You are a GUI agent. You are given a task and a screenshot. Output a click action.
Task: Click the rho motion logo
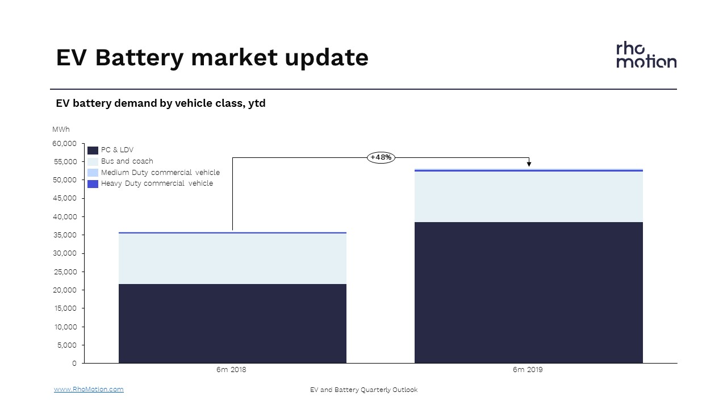point(646,55)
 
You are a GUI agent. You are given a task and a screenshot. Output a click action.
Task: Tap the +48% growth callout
point(381,157)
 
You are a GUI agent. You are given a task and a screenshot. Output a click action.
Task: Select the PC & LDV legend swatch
point(93,151)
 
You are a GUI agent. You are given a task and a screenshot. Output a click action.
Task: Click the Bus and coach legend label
point(127,161)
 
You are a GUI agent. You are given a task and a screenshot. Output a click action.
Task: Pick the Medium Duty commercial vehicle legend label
point(160,172)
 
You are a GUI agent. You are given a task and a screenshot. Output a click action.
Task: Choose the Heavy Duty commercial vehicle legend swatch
point(93,184)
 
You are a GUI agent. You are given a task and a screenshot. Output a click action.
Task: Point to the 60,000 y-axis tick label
point(64,144)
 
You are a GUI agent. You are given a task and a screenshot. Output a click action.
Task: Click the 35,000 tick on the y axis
point(65,235)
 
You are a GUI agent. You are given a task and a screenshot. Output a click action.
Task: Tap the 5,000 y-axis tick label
point(67,345)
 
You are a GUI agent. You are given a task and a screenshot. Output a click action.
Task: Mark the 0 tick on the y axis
point(74,363)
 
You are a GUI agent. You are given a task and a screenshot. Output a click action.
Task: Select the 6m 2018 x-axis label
point(231,370)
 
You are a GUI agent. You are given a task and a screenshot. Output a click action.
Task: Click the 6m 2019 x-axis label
point(528,370)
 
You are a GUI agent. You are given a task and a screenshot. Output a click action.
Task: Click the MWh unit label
point(61,130)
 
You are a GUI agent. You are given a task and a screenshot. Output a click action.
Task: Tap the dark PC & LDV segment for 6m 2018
point(232,324)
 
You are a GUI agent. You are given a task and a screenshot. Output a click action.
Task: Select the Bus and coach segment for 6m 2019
point(529,197)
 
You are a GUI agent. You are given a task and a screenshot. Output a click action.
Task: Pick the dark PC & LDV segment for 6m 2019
point(529,293)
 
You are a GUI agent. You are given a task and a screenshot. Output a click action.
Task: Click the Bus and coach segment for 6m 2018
point(232,258)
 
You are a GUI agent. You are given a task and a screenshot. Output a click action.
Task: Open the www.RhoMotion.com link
point(89,389)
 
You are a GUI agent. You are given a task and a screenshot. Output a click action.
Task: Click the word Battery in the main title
point(140,58)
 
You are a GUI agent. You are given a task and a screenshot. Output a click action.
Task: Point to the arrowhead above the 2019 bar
point(529,164)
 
